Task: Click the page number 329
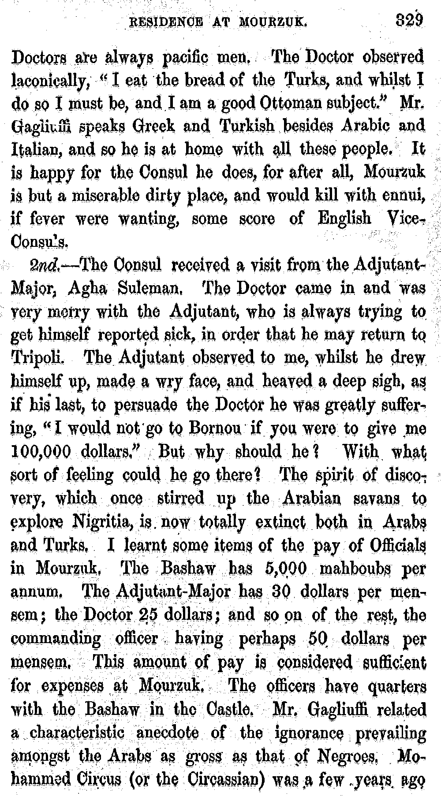[x=409, y=21]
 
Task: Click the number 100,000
[x=41, y=451]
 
